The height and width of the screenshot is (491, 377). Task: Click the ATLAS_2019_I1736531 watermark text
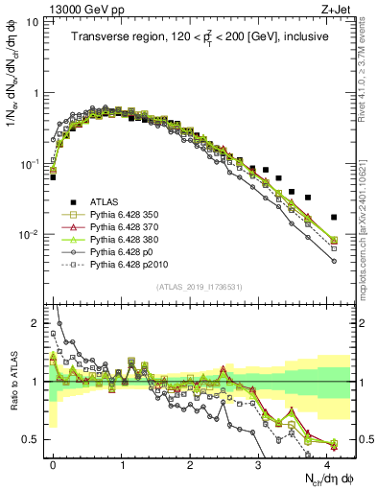click(201, 286)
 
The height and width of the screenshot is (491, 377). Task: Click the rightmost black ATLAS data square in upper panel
click(334, 218)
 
